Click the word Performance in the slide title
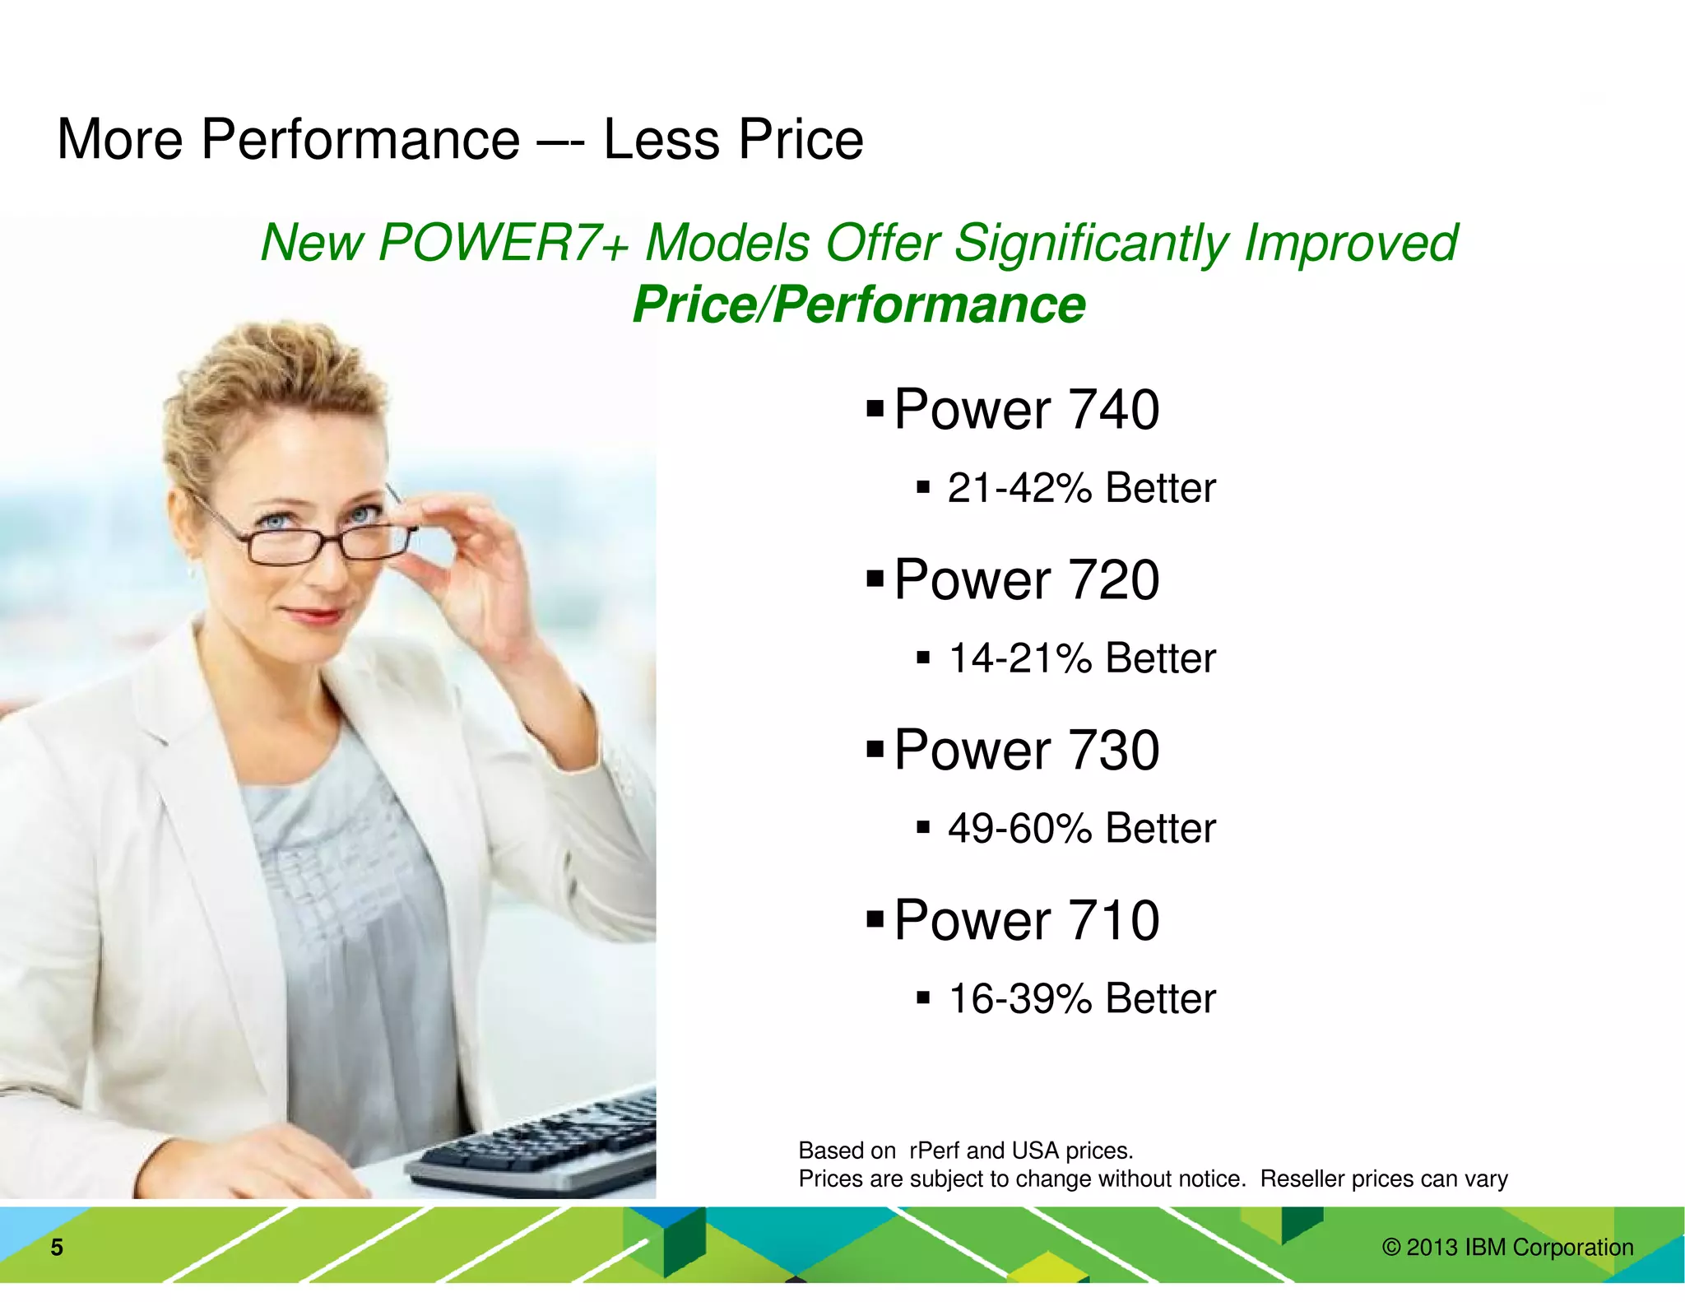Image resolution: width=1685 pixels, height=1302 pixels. (360, 140)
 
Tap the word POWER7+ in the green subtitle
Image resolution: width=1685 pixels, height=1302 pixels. (504, 243)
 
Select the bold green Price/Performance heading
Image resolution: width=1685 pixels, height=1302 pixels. (859, 305)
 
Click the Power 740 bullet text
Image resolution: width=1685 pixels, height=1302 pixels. (1026, 409)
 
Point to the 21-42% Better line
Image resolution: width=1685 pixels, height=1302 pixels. (1080, 488)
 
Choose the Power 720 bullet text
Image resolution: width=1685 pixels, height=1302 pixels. (1026, 579)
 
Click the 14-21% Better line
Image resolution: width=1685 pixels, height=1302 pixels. (1080, 658)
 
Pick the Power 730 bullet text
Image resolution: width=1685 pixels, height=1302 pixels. (1026, 750)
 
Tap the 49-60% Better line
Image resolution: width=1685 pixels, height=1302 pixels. (1080, 828)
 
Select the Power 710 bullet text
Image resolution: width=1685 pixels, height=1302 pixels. (1026, 920)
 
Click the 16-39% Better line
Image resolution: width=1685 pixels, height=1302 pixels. (1080, 998)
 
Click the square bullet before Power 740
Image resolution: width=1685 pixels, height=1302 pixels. (875, 407)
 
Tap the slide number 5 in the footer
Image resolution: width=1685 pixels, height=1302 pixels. (57, 1248)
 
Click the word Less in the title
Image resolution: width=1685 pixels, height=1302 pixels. (661, 140)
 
